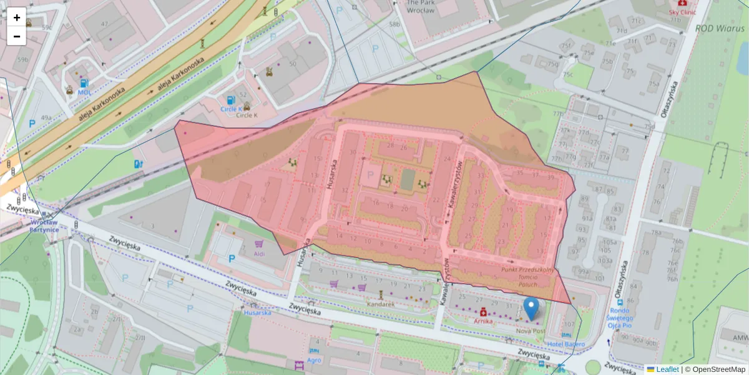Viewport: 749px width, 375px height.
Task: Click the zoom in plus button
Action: click(17, 17)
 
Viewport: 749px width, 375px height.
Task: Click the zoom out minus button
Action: click(17, 36)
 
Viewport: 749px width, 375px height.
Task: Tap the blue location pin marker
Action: click(531, 309)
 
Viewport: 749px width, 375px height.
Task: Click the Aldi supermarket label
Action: click(259, 254)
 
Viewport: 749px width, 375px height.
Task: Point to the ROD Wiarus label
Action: click(720, 28)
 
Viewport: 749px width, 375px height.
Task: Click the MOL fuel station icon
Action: click(84, 83)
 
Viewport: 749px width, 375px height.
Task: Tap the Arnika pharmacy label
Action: click(483, 321)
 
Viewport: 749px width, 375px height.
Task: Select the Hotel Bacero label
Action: click(566, 344)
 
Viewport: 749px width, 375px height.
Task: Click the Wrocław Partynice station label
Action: click(44, 226)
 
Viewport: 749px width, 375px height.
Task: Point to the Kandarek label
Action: click(380, 304)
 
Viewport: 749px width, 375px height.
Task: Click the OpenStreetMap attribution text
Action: click(715, 369)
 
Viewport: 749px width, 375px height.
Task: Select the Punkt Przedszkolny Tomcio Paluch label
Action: click(527, 276)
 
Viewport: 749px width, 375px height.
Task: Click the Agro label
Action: click(314, 360)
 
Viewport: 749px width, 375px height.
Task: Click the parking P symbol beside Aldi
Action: click(232, 258)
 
